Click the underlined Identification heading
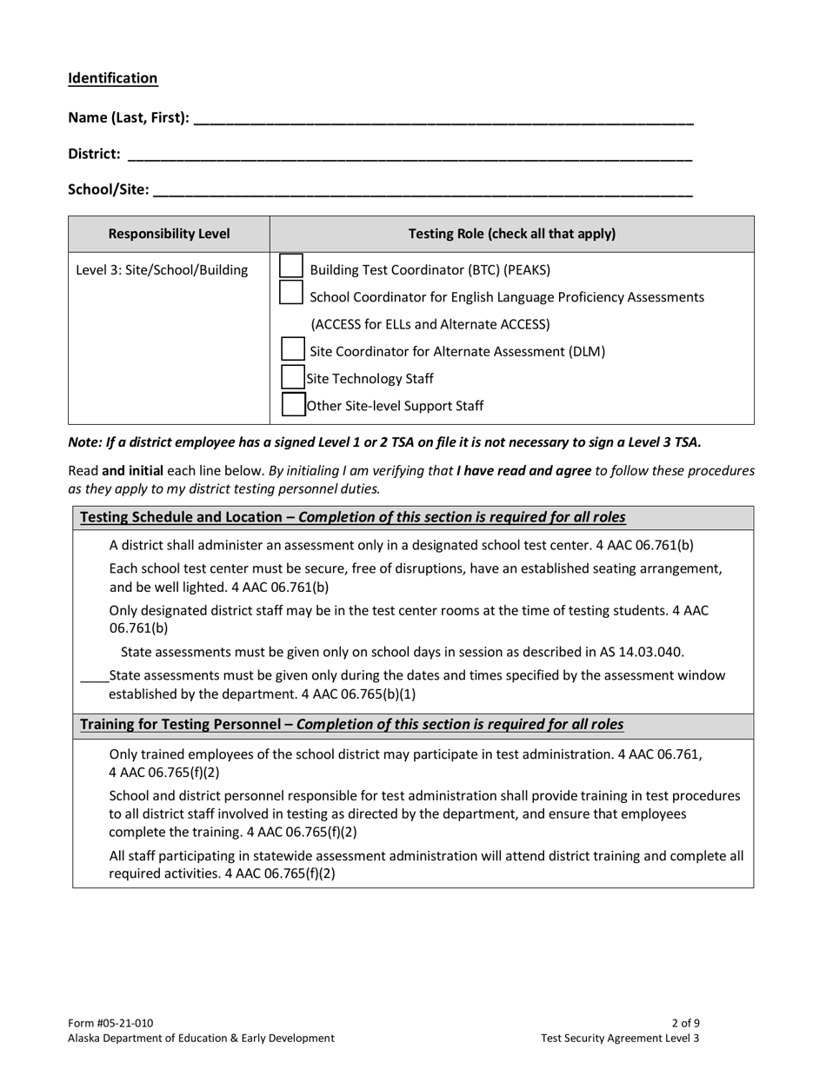click(x=113, y=78)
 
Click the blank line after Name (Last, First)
click(x=443, y=119)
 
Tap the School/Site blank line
click(x=423, y=190)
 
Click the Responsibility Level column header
click(x=169, y=234)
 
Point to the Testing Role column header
click(x=511, y=234)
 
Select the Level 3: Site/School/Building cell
click(x=162, y=270)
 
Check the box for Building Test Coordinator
click(x=291, y=266)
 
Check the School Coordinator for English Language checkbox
click(x=291, y=293)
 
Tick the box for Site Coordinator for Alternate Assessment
click(x=294, y=349)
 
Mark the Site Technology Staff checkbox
click(x=294, y=377)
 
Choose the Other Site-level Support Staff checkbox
click(x=294, y=404)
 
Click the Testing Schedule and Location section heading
click(x=352, y=518)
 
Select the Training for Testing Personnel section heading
click(x=351, y=725)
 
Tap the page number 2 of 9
click(x=685, y=1023)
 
